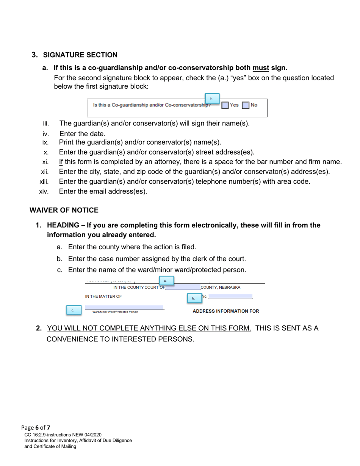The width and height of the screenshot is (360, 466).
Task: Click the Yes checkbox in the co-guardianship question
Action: pyautogui.click(x=225, y=105)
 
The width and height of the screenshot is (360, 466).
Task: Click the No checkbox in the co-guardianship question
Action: pyautogui.click(x=246, y=105)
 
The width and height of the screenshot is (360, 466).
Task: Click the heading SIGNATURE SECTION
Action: pyautogui.click(x=80, y=55)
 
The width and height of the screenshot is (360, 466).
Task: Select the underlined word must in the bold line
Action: pyautogui.click(x=261, y=68)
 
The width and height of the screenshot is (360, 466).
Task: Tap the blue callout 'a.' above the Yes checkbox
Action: pyautogui.click(x=212, y=99)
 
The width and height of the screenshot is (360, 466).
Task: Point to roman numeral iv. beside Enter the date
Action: pyautogui.click(x=46, y=134)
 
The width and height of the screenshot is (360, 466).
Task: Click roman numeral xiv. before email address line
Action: pyautogui.click(x=44, y=192)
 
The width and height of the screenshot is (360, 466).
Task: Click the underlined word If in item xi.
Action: pyautogui.click(x=61, y=162)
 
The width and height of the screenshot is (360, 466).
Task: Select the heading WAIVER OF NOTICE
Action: pyautogui.click(x=64, y=210)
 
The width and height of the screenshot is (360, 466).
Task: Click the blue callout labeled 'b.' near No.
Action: pyautogui.click(x=194, y=298)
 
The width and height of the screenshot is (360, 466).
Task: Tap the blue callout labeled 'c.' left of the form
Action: pyautogui.click(x=73, y=310)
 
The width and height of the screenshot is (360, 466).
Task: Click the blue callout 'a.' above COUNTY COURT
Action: pyautogui.click(x=166, y=281)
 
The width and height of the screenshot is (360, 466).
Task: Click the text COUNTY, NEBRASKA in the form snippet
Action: pyautogui.click(x=221, y=288)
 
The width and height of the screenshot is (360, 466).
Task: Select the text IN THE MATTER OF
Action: pyautogui.click(x=103, y=297)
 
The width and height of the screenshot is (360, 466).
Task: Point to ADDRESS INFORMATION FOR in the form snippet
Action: pyautogui.click(x=226, y=311)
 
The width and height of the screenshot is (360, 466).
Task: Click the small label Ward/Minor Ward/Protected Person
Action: pyautogui.click(x=115, y=312)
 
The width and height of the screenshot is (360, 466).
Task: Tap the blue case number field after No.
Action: pyautogui.click(x=230, y=296)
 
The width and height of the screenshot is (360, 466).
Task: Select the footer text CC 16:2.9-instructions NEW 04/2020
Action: pyautogui.click(x=63, y=435)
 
